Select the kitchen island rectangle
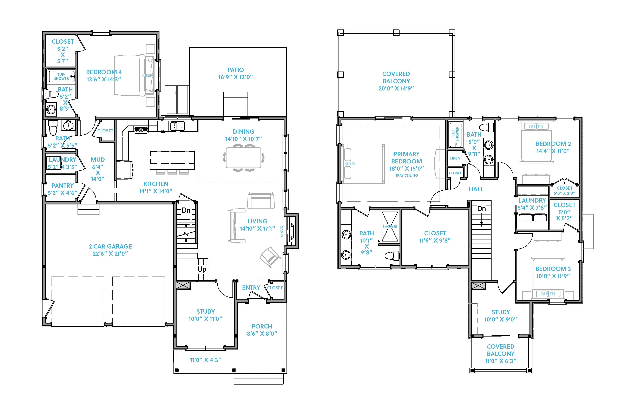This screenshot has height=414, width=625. (x=172, y=160)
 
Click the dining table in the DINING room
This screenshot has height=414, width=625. (x=243, y=157)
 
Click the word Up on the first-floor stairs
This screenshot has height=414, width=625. (x=202, y=269)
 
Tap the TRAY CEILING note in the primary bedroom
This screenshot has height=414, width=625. (x=406, y=175)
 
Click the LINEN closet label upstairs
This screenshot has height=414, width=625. (x=455, y=158)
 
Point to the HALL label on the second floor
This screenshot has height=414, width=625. (x=476, y=189)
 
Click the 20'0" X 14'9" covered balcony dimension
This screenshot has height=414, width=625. (x=396, y=88)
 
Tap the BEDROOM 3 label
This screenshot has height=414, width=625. (x=553, y=269)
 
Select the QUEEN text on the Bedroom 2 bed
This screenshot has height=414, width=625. (x=536, y=127)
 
